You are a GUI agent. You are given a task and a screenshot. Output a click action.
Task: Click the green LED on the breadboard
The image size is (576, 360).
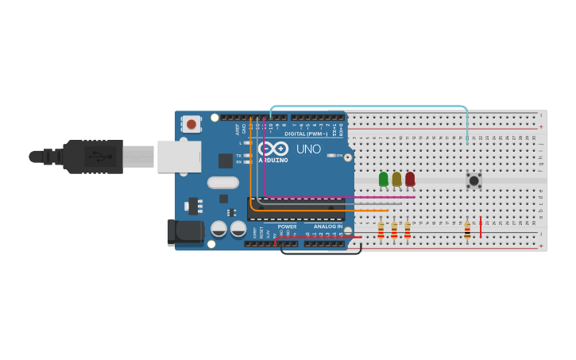[x=384, y=180]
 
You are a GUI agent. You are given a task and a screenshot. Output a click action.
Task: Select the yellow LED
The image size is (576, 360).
[x=396, y=180]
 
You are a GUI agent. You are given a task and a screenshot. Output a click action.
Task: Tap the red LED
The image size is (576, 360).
[x=410, y=180]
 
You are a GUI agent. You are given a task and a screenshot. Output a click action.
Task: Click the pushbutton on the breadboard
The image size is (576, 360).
[x=474, y=180]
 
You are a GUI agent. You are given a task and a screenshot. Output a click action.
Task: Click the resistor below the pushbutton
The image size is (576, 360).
[x=467, y=230]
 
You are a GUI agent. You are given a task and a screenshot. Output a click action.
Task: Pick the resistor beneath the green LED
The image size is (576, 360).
[x=381, y=230]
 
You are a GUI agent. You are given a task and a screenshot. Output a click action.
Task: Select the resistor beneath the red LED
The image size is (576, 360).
[x=408, y=230]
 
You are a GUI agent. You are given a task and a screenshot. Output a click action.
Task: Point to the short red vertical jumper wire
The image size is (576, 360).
[x=481, y=226]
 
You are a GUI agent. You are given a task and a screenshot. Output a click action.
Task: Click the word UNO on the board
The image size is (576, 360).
[x=308, y=149]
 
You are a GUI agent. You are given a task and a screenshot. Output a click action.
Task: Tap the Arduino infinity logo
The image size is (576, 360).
[x=273, y=149]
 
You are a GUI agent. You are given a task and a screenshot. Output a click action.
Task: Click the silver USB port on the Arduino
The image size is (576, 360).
[x=179, y=157]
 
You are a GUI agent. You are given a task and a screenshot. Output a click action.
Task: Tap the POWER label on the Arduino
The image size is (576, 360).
[x=287, y=226]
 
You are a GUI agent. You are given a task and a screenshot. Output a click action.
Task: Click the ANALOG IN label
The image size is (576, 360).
[x=327, y=226]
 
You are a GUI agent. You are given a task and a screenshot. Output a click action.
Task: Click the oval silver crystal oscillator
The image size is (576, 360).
[x=223, y=183]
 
